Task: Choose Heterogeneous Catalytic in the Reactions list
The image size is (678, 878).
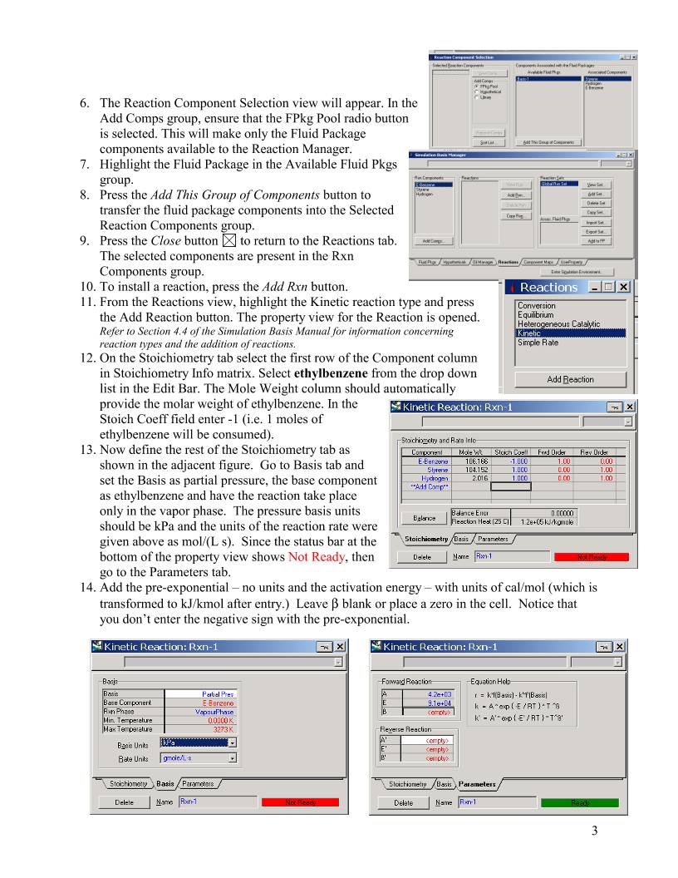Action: (558, 323)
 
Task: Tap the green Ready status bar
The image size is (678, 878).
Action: (581, 802)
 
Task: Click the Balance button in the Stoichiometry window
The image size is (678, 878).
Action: (424, 518)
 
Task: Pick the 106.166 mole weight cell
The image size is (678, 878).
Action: (465, 460)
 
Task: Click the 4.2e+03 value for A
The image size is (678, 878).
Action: (440, 693)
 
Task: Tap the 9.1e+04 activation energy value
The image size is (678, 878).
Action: (440, 702)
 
